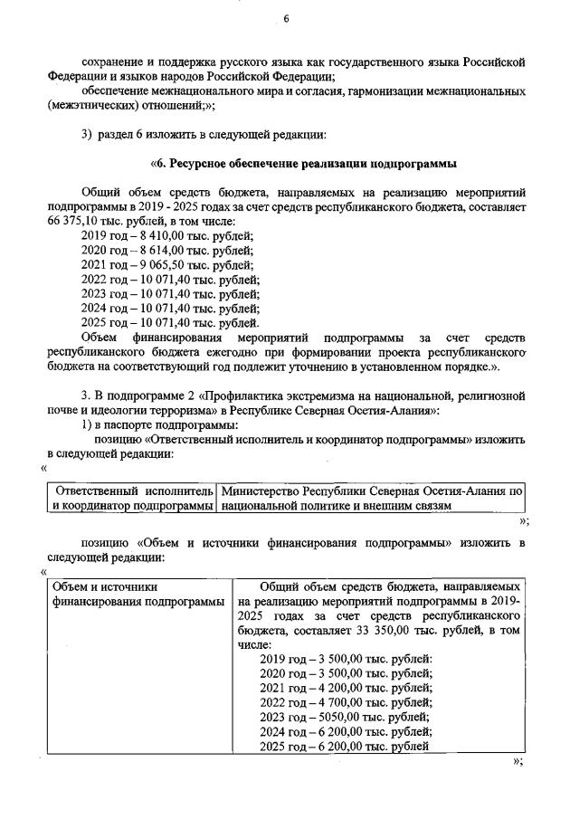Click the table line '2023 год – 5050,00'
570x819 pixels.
tap(345, 716)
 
